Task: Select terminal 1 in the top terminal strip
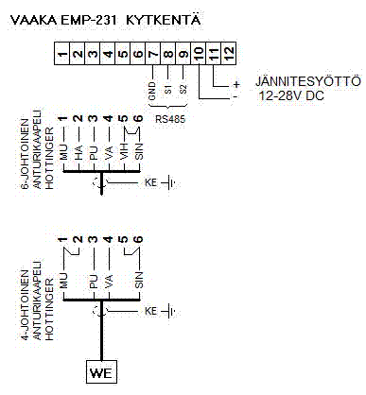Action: point(61,57)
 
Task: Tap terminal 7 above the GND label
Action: point(152,57)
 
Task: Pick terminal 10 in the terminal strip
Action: point(199,57)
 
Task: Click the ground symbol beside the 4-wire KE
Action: point(170,310)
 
